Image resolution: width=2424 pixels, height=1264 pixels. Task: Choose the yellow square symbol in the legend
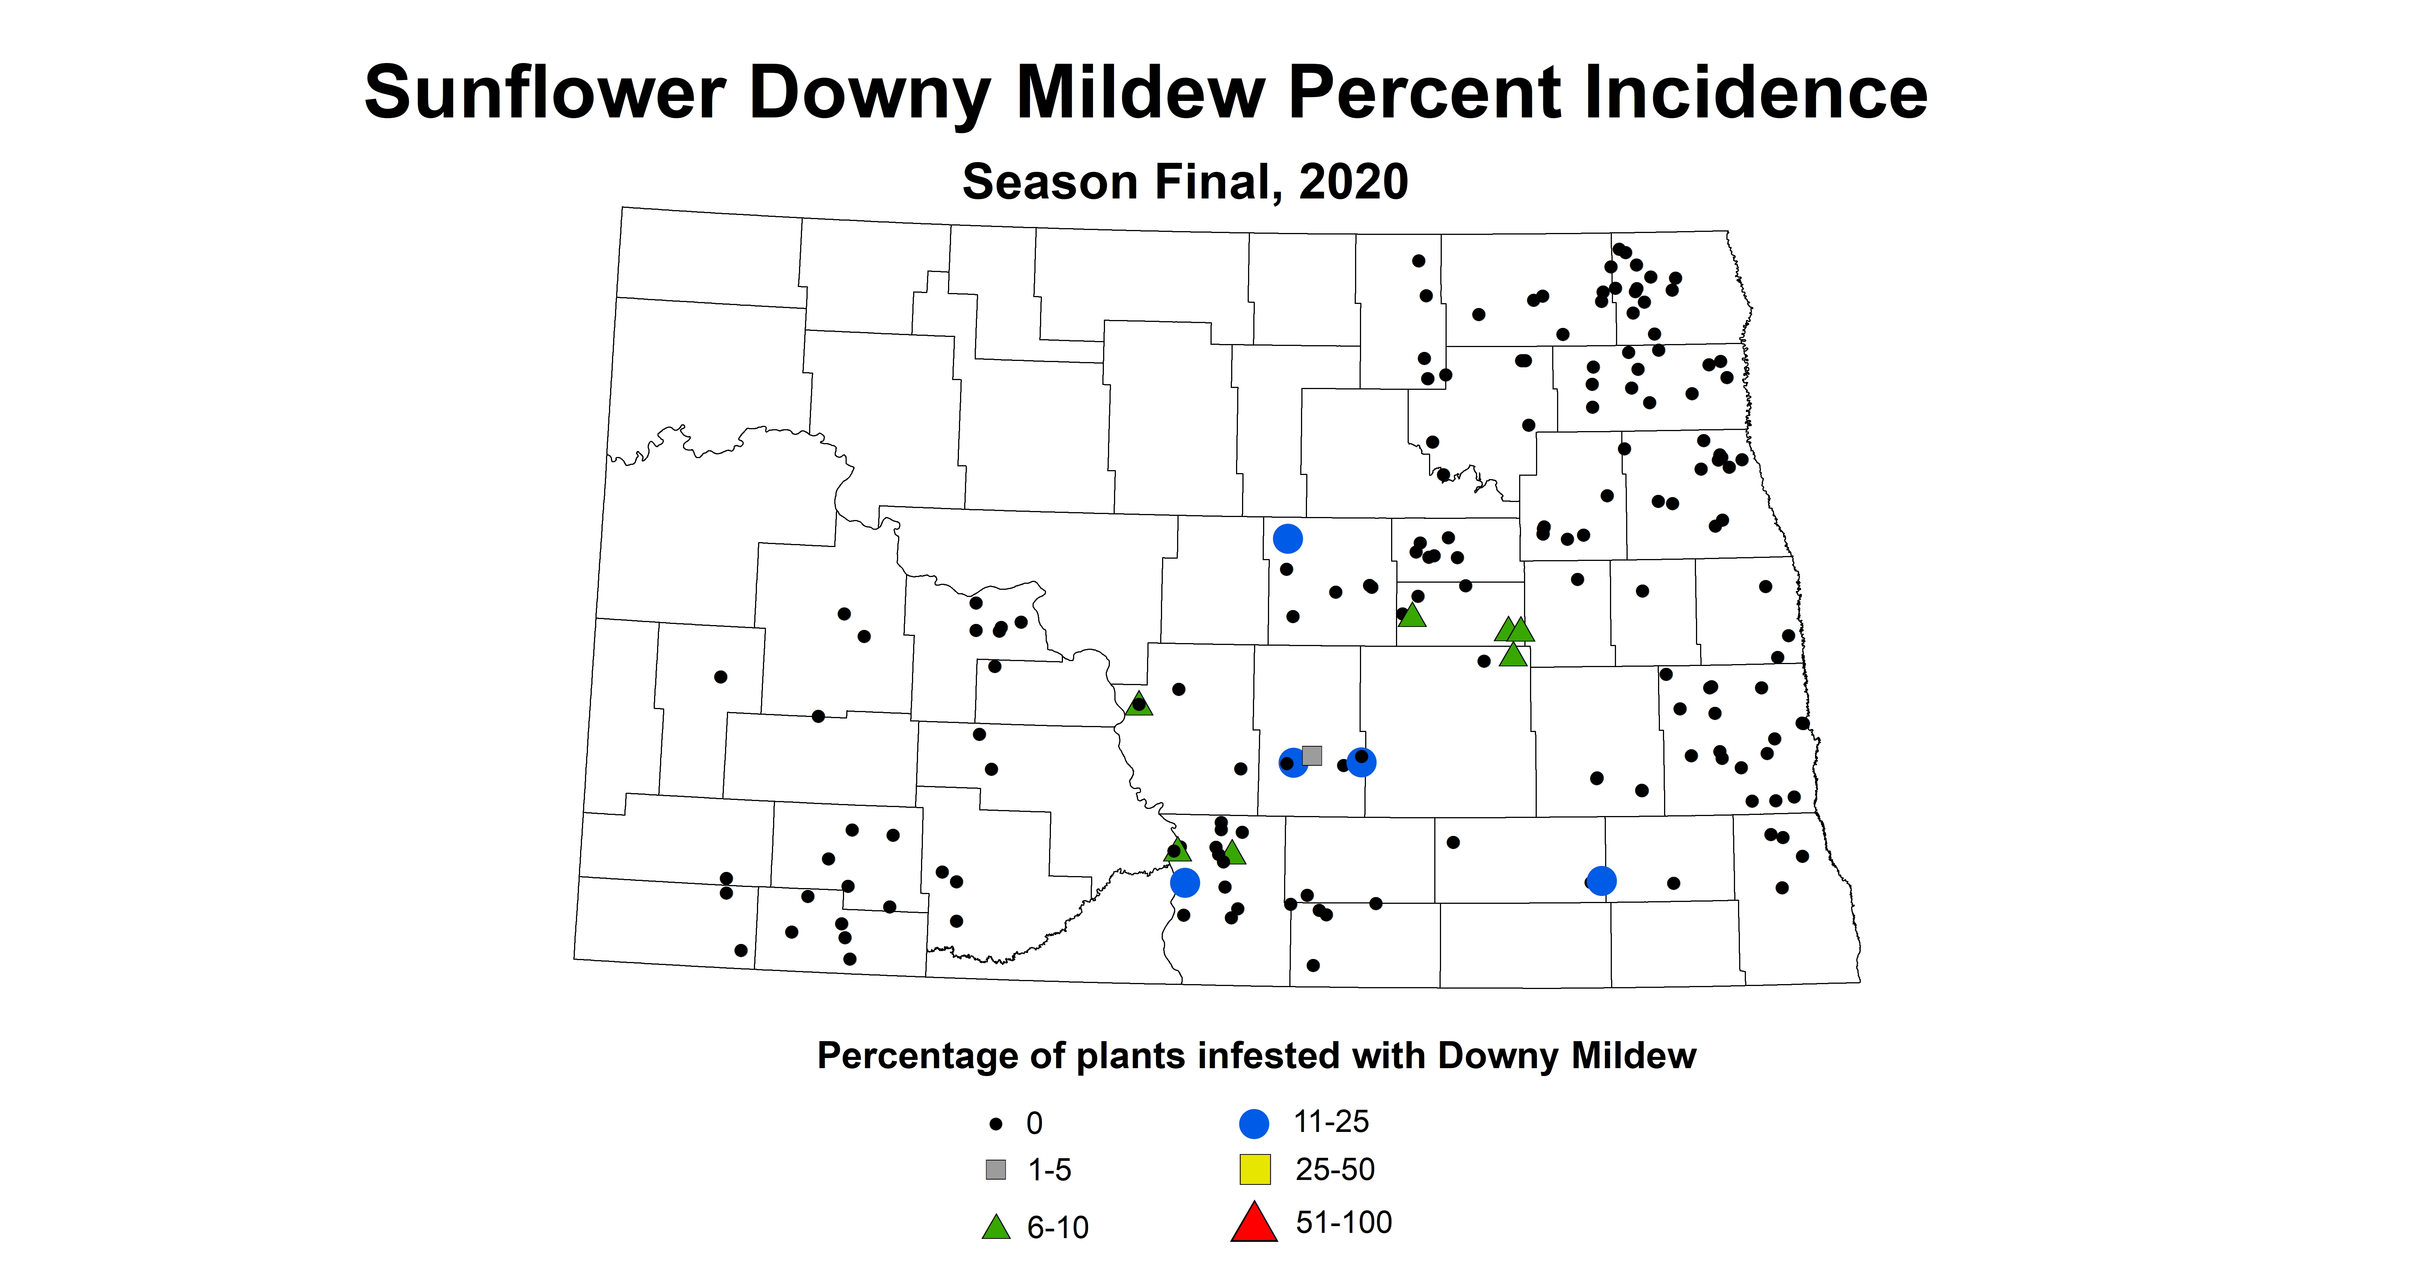pyautogui.click(x=1254, y=1169)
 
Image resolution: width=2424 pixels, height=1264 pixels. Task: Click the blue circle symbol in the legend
pyautogui.click(x=1254, y=1123)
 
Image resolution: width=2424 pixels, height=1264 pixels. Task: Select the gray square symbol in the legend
pyautogui.click(x=996, y=1170)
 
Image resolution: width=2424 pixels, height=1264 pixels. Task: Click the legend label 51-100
pyautogui.click(x=1344, y=1223)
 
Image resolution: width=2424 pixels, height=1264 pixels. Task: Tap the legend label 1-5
pyautogui.click(x=1049, y=1170)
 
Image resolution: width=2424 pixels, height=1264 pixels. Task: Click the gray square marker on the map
pyautogui.click(x=1312, y=755)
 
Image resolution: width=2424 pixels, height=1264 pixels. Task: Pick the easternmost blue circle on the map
pyautogui.click(x=1602, y=881)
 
